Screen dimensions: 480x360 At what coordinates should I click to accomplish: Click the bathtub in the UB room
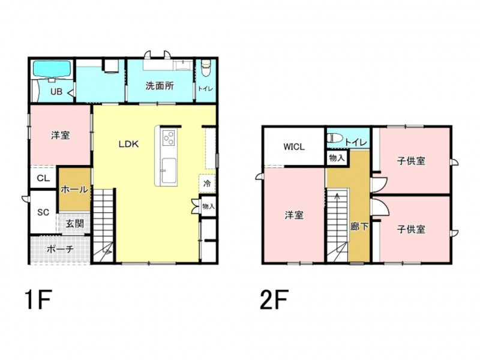pos(52,70)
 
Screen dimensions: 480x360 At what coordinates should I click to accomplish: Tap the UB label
pos(56,92)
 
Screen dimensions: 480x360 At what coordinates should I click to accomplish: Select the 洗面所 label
pos(160,86)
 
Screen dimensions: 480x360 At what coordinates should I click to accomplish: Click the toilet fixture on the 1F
pos(205,68)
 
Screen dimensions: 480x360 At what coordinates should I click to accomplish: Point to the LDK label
pos(128,144)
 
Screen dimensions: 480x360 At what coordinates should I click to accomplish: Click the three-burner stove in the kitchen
pos(169,137)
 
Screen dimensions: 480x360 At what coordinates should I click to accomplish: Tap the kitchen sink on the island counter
pos(169,171)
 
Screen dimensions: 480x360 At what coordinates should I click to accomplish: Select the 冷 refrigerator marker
pos(207,184)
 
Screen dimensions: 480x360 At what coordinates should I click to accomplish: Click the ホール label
pos(74,190)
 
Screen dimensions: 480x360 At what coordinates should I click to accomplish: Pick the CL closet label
pos(43,178)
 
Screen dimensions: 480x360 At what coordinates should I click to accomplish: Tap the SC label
pos(43,212)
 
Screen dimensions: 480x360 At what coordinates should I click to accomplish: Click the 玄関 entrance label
pos(74,223)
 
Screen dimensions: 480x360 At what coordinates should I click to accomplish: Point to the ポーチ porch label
pos(61,249)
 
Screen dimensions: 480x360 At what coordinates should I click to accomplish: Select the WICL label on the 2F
pos(294,147)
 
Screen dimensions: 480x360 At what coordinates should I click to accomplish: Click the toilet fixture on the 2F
pos(335,137)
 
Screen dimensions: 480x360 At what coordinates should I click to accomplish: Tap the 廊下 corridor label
pos(359,227)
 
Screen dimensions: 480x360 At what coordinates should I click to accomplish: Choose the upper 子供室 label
pos(411,161)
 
